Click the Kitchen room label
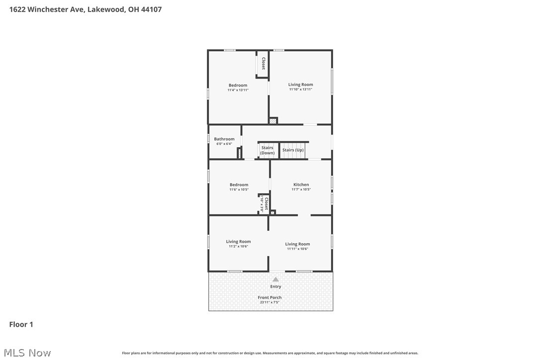click(x=301, y=185)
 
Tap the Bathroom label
click(x=224, y=139)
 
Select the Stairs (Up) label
click(x=293, y=150)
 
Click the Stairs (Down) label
click(x=268, y=150)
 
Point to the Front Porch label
click(x=270, y=297)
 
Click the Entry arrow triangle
click(x=275, y=279)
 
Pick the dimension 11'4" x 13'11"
click(x=238, y=90)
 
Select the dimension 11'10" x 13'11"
click(x=301, y=90)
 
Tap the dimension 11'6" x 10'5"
click(x=239, y=189)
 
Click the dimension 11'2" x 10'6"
click(x=238, y=246)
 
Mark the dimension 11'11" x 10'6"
click(x=297, y=249)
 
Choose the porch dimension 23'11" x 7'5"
click(x=270, y=302)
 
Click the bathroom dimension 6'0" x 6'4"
click(x=224, y=144)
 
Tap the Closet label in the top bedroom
click(x=263, y=64)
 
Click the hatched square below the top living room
click(x=272, y=120)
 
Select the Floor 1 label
click(x=21, y=325)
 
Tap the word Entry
click(x=275, y=286)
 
